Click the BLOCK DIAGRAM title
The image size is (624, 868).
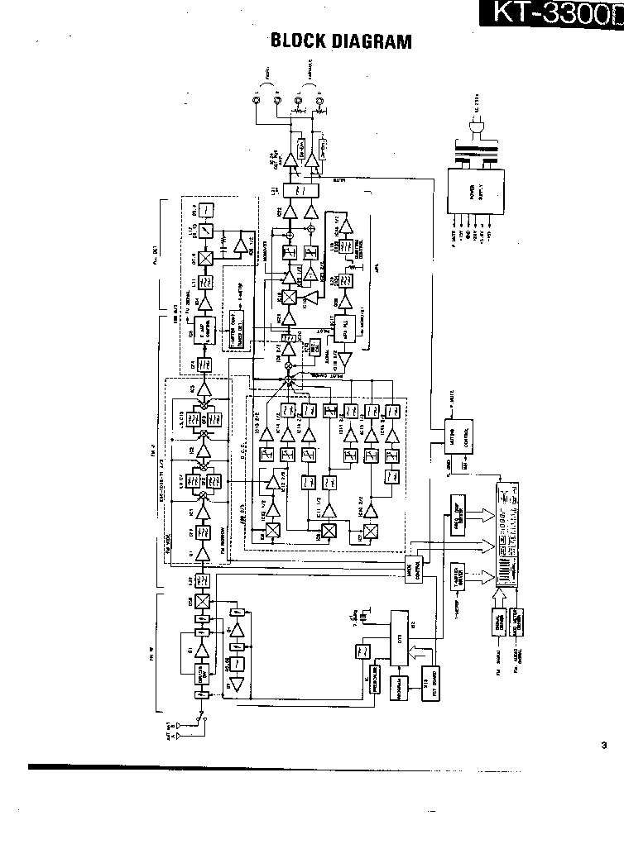[340, 41]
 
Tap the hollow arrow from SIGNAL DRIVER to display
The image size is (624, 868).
[501, 598]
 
